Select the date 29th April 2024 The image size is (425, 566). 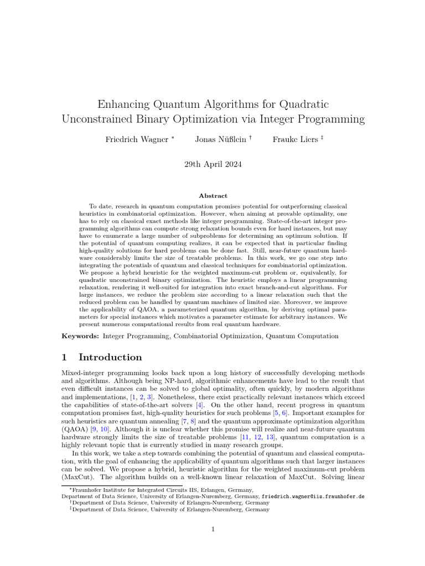point(212,164)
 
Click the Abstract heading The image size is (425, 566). point(212,196)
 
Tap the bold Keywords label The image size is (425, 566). point(80,336)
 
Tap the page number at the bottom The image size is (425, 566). point(212,530)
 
